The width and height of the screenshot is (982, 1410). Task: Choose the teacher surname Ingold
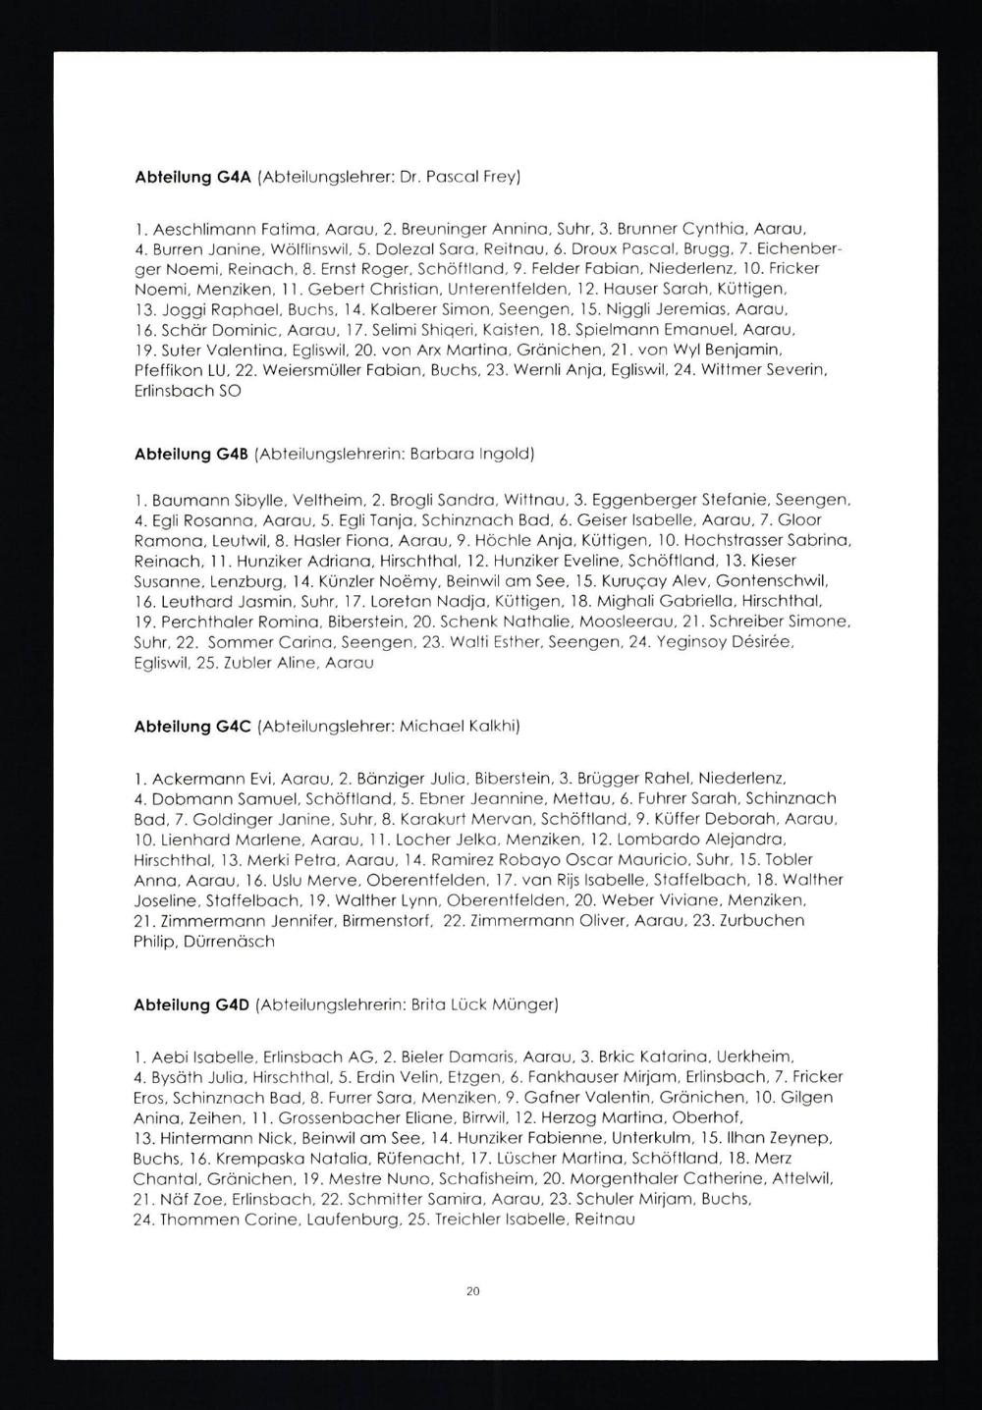point(506,454)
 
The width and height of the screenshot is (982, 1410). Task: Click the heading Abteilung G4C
point(192,727)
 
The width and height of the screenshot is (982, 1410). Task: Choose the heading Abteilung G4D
point(192,1005)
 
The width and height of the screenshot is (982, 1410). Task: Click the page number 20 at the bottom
point(472,1292)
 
